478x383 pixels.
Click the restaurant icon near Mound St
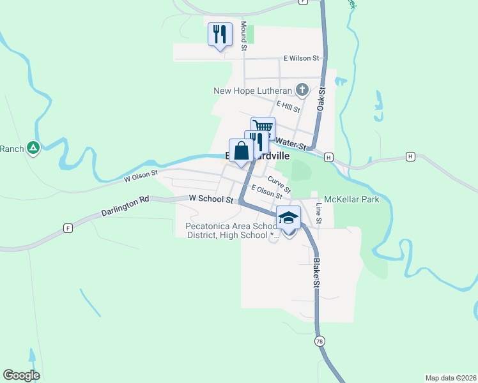tap(220, 34)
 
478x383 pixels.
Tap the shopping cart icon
tap(263, 126)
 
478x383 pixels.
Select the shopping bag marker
tap(241, 152)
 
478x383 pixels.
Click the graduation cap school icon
tap(288, 219)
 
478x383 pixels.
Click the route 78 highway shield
tap(319, 342)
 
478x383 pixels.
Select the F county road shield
tap(67, 228)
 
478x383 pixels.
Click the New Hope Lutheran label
tap(252, 91)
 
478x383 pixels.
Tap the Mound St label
tap(243, 36)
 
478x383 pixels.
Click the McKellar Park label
tap(351, 199)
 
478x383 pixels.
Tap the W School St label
tap(211, 199)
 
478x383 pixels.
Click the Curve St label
tap(280, 185)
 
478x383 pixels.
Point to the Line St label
tap(319, 214)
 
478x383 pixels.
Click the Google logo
tap(21, 375)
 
